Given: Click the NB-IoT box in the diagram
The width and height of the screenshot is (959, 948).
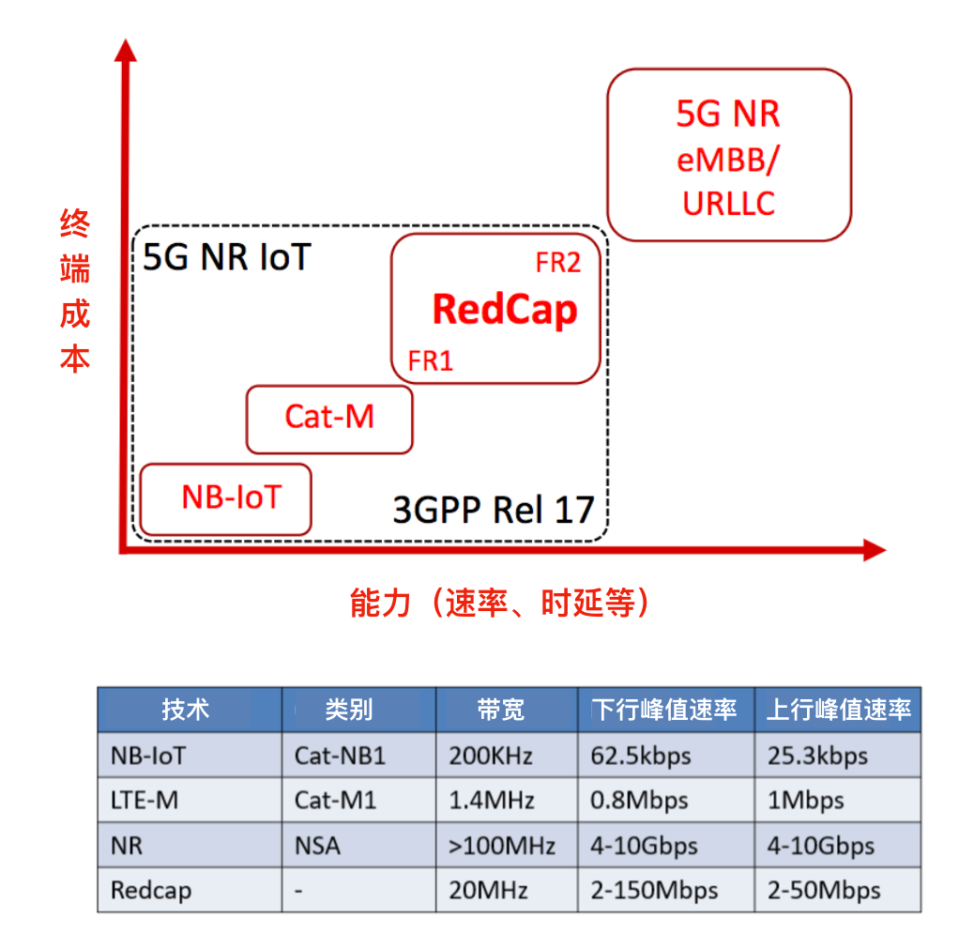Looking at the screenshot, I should click(x=225, y=498).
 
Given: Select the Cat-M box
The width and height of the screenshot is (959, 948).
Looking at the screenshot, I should click(x=328, y=419).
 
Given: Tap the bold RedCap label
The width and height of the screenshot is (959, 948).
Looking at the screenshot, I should click(x=504, y=310).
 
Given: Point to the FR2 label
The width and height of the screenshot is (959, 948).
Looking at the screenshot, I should click(x=558, y=264).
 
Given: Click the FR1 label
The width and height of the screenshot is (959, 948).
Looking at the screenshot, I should click(x=431, y=361).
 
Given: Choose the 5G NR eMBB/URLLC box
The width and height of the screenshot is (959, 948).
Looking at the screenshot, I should click(x=728, y=155).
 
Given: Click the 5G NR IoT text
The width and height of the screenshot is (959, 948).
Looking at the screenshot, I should click(x=226, y=257).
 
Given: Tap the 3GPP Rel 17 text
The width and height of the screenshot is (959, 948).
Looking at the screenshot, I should click(x=494, y=511).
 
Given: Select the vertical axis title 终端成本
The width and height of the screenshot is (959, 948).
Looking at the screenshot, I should click(x=75, y=292).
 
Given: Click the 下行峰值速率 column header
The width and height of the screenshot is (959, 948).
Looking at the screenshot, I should click(x=663, y=710).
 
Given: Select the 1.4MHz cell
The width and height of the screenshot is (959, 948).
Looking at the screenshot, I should click(x=492, y=801).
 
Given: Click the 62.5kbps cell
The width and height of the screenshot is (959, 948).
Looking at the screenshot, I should click(x=641, y=756).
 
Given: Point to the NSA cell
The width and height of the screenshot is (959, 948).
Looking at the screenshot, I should click(x=317, y=846).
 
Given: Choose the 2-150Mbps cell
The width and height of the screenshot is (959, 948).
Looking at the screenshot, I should click(x=654, y=890).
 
